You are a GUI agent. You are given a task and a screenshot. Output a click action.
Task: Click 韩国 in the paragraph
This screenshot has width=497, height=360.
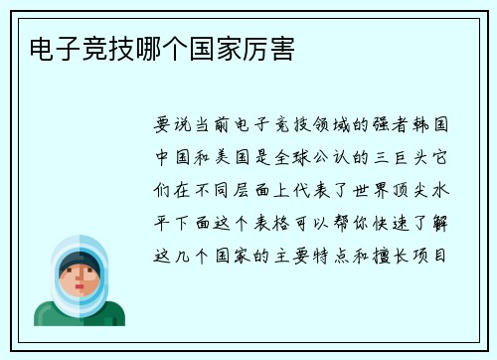[x=436, y=126]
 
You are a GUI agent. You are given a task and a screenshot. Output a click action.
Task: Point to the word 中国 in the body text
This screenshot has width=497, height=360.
[x=169, y=158]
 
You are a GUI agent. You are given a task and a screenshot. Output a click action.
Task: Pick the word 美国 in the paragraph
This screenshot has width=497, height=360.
[x=231, y=158]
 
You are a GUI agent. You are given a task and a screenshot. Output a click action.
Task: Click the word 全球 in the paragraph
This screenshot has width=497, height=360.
[x=292, y=158]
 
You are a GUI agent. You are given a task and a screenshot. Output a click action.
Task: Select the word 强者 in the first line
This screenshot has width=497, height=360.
[x=396, y=126]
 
